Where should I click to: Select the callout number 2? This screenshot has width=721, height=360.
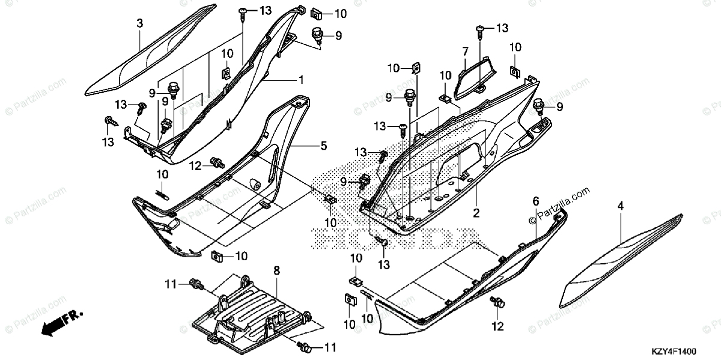[475, 213]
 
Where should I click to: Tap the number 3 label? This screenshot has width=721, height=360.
[139, 23]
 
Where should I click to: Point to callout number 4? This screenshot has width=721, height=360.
[620, 206]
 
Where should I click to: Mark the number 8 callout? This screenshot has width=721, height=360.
[276, 272]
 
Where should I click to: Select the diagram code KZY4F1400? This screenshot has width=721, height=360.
[686, 350]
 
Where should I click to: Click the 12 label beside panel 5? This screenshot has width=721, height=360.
[195, 165]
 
